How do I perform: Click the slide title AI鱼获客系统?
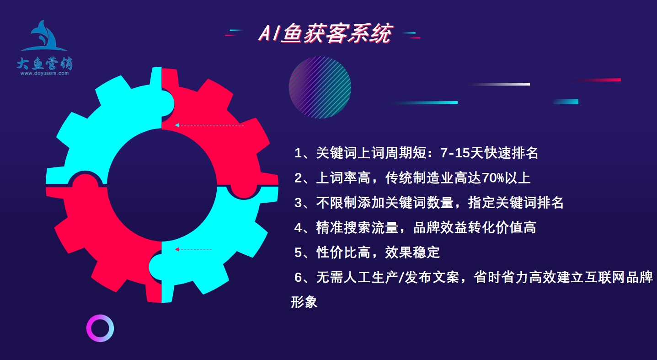pyautogui.click(x=325, y=33)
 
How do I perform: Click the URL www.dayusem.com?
pyautogui.click(x=45, y=73)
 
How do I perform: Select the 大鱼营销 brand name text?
pyautogui.click(x=45, y=63)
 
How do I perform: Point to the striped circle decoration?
pyautogui.click(x=320, y=87)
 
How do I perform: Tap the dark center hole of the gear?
pyautogui.click(x=162, y=185)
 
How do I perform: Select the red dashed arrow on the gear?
pyautogui.click(x=193, y=249)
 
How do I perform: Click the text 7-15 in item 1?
pyautogui.click(x=455, y=153)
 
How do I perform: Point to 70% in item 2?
pyautogui.click(x=493, y=178)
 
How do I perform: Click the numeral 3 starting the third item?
pyautogui.click(x=298, y=203)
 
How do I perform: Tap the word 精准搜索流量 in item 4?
pyautogui.click(x=357, y=227)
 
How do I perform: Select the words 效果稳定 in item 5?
pyautogui.click(x=412, y=253)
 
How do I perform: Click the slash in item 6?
pyautogui.click(x=401, y=277)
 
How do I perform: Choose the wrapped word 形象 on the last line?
pyautogui.click(x=304, y=302)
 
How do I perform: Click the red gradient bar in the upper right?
pyautogui.click(x=595, y=80)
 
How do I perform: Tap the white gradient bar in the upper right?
pyautogui.click(x=499, y=84)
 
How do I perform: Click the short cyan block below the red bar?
pyautogui.click(x=566, y=102)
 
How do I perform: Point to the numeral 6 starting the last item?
pyautogui.click(x=298, y=277)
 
